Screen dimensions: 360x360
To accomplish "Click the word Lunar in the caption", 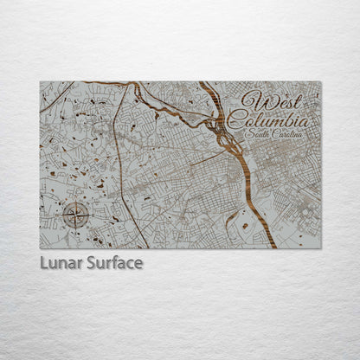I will (x=59, y=263).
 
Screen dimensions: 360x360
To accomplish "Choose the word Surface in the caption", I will (x=112, y=263).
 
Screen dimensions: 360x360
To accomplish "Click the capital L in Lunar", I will (x=43, y=263).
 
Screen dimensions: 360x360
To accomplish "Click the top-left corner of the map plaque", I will (x=40, y=82).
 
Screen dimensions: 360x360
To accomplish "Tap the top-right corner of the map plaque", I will (x=320, y=82).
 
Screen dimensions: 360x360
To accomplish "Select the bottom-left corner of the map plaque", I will (x=40, y=248).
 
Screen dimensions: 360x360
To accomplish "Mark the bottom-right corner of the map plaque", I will (x=320, y=248).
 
